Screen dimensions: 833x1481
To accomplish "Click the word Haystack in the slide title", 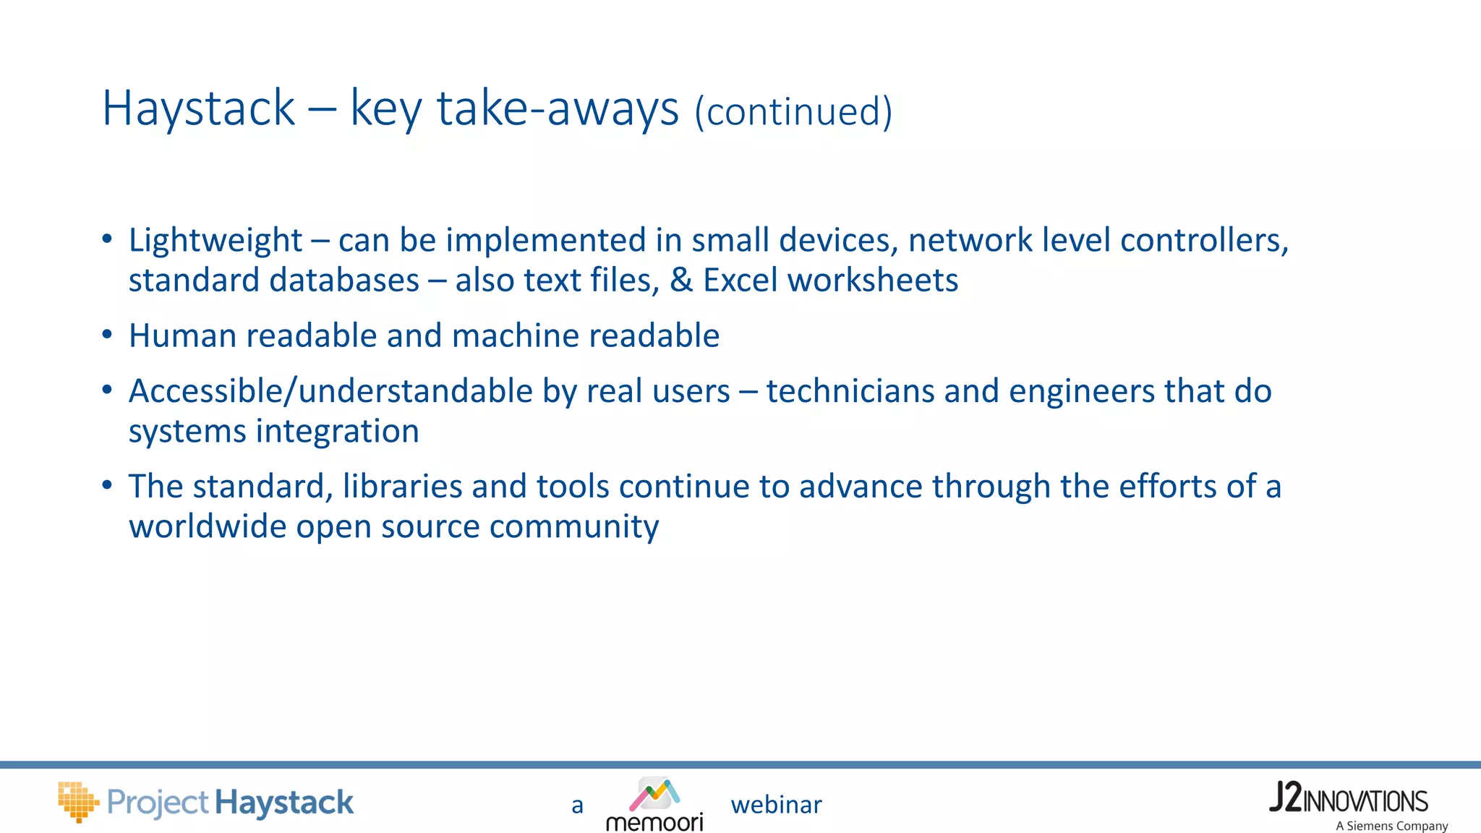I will [199, 108].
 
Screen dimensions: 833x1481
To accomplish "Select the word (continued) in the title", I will [793, 112].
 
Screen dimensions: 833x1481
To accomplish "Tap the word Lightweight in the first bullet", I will [215, 241].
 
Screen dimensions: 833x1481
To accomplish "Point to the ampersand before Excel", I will [681, 281].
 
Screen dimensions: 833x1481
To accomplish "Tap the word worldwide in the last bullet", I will [208, 526].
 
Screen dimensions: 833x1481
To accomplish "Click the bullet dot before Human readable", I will [107, 335].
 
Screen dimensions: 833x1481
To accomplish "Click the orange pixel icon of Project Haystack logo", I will [77, 801].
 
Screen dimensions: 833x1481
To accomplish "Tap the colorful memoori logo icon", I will [654, 793].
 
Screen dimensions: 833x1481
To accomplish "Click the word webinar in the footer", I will [776, 805].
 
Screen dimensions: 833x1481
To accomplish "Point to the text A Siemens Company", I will [1391, 826].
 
